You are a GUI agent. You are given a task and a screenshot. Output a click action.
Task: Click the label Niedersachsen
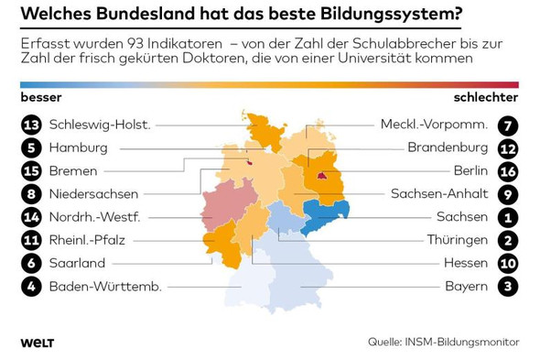coord(93,194)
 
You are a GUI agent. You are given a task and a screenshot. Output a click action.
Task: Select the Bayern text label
coord(466,287)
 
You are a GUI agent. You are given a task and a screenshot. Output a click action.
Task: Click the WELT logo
coord(37,343)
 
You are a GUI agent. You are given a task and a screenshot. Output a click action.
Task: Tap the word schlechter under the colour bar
coord(485,97)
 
